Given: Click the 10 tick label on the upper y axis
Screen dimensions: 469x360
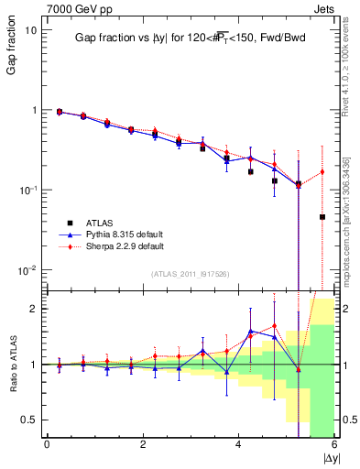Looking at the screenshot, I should pos(30,30).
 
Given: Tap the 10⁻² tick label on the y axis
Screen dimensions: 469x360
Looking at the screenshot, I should pos(27,270).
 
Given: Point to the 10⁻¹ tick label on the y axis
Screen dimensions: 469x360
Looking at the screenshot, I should pos(27,191).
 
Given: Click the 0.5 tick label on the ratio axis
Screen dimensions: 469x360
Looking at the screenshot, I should pos(28,420).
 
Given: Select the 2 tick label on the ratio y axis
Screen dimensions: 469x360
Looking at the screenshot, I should pos(32,309).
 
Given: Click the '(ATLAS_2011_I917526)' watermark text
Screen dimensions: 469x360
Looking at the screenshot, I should pos(189,274).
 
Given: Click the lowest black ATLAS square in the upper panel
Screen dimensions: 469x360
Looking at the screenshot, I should pos(322,217).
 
